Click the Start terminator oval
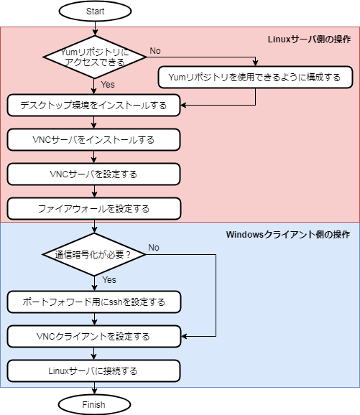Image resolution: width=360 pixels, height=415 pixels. (93, 11)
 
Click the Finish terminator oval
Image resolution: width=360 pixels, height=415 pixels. (93, 404)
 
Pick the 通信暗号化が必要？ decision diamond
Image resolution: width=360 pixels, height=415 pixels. (93, 254)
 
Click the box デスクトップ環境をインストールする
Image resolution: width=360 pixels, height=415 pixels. (93, 106)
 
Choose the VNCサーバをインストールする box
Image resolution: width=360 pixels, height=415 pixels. (93, 139)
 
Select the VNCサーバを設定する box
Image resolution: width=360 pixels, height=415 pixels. (93, 174)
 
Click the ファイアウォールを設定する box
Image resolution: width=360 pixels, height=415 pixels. (93, 208)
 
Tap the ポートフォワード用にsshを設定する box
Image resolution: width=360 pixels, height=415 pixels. (93, 302)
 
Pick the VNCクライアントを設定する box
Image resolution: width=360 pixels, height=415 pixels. (93, 336)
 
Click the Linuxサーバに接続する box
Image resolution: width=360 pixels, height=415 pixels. (93, 370)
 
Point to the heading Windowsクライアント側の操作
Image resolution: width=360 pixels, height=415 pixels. (288, 234)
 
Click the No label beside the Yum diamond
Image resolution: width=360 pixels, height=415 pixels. (154, 50)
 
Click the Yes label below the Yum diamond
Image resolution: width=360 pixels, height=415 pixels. (108, 85)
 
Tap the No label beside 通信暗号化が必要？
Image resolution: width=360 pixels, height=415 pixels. (154, 248)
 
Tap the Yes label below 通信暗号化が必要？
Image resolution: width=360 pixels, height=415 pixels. (110, 280)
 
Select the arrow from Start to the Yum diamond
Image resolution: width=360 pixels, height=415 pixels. (93, 28)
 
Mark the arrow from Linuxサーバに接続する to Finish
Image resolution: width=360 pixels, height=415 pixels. (93, 388)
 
